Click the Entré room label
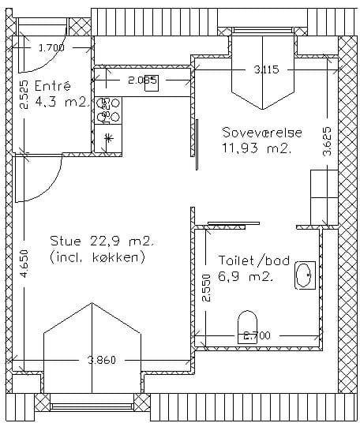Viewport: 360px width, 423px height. point(53,86)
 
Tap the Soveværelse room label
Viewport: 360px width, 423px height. point(262,133)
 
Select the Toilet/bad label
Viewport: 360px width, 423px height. point(254,260)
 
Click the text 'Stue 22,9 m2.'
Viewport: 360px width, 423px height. point(102,241)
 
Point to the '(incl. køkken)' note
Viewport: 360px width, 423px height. point(97,257)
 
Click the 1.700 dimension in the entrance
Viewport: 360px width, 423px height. point(51,48)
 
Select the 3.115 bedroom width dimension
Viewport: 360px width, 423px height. point(266,70)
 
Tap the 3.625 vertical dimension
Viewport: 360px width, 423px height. point(328,141)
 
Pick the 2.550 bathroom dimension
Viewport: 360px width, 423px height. point(206,288)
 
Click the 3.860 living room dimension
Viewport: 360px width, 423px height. point(102,360)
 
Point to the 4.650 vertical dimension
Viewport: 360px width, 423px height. point(24,264)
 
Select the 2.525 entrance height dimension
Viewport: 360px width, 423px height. point(24,95)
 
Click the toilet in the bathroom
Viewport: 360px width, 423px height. point(247,327)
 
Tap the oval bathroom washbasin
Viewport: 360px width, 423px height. point(305,275)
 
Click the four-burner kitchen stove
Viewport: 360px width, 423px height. point(108,110)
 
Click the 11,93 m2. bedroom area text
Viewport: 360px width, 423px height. point(256,148)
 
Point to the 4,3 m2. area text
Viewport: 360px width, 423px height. point(62,103)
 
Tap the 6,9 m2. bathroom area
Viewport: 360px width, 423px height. point(246,276)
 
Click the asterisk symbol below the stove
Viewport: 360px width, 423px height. point(108,138)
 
